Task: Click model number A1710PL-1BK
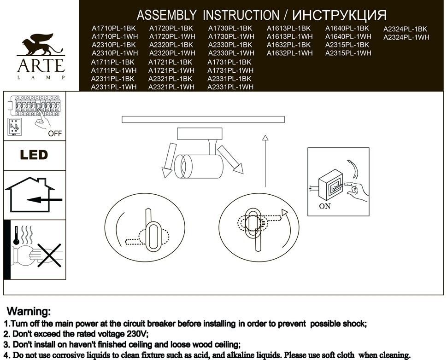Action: [114, 29]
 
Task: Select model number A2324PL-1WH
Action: [406, 37]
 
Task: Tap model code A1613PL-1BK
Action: [288, 29]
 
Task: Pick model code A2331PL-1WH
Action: [230, 87]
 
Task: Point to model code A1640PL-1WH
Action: [348, 36]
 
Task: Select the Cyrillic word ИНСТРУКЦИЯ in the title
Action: [339, 15]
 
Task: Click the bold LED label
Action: [34, 155]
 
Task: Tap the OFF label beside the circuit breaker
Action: [55, 134]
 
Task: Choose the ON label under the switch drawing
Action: [325, 206]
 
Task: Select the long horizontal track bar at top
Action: [203, 120]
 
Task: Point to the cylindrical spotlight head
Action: [198, 166]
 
